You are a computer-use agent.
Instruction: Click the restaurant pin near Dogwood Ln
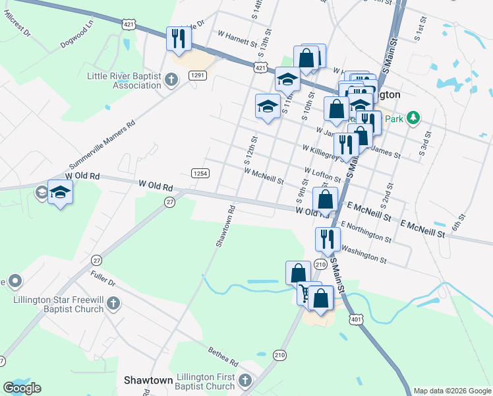click(x=179, y=39)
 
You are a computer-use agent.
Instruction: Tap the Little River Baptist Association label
click(x=124, y=81)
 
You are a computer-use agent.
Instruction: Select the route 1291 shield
click(x=198, y=76)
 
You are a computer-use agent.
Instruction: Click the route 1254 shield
click(x=200, y=173)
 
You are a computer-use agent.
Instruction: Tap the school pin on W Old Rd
click(x=60, y=193)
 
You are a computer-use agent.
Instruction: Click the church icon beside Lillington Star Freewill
click(x=113, y=304)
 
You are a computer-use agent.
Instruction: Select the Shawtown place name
click(x=148, y=381)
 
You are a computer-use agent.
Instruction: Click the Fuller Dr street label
click(x=103, y=282)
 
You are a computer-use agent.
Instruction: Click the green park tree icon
click(x=413, y=118)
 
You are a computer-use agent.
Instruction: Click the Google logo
click(x=22, y=388)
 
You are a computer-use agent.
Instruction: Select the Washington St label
click(x=364, y=253)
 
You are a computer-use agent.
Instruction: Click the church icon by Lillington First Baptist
click(x=245, y=381)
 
